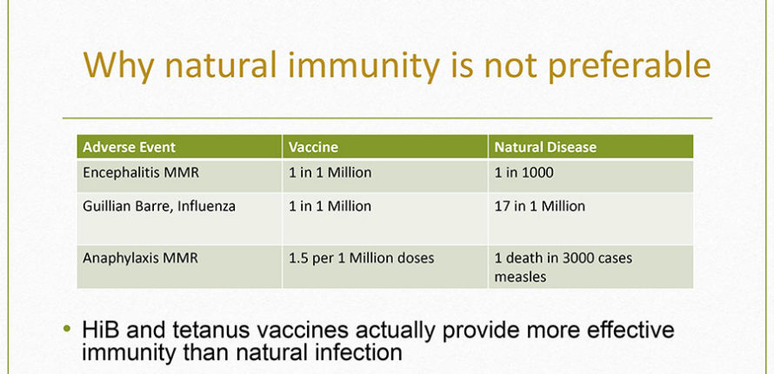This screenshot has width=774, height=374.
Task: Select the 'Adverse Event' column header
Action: click(x=129, y=147)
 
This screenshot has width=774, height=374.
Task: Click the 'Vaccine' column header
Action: click(x=313, y=147)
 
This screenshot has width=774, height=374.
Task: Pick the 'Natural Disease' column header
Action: click(x=545, y=147)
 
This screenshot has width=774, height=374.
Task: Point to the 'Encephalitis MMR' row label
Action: click(x=141, y=173)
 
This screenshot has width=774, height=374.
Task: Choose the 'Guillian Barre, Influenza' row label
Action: click(x=159, y=206)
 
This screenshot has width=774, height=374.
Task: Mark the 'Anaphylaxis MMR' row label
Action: click(x=140, y=258)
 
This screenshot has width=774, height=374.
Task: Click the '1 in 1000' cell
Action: click(x=524, y=173)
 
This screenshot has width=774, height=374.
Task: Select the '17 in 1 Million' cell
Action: click(x=539, y=206)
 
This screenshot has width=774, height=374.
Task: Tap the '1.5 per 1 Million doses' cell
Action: click(x=361, y=258)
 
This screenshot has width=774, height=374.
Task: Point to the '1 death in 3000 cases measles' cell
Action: click(x=564, y=267)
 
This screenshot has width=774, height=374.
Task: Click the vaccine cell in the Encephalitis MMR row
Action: click(x=330, y=173)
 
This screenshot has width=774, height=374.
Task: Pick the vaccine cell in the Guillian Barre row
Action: click(x=330, y=206)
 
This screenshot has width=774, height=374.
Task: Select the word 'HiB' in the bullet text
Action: click(x=102, y=331)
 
